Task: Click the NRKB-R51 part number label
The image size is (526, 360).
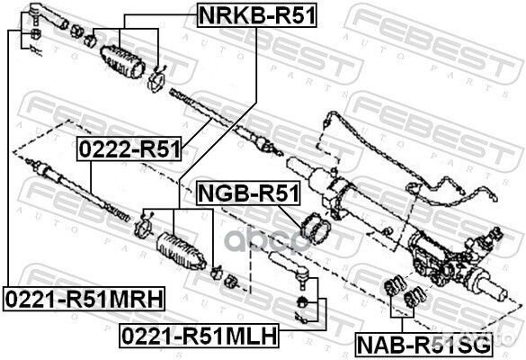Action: coord(257,13)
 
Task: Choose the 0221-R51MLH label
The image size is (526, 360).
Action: coord(199,336)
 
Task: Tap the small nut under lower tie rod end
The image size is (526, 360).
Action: coord(305,299)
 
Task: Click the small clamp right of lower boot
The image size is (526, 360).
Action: coord(218,271)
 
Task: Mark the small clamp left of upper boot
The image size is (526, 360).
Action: coord(89,40)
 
